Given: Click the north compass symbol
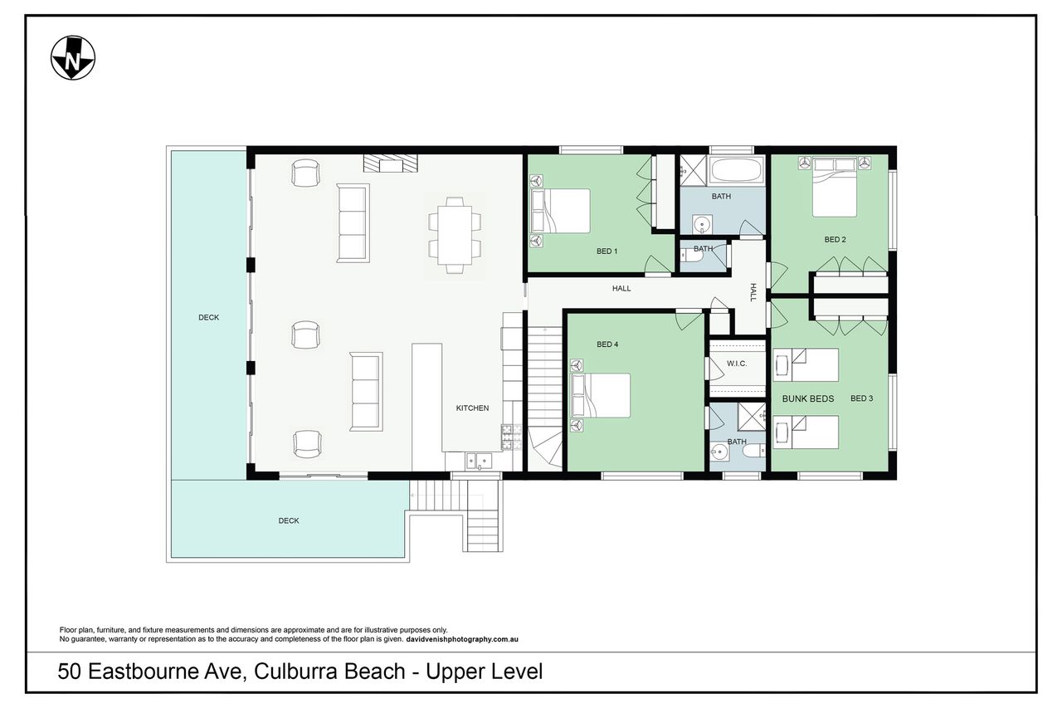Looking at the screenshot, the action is pos(73,58).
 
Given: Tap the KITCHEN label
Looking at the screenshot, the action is pos(472,408).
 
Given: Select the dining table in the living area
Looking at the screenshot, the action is pos(455,235).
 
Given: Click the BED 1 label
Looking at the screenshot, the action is pos(607,251).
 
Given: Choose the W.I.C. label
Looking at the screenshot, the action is pos(737,364).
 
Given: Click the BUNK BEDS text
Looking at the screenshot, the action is pos(808,398).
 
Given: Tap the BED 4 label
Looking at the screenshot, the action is pos(607,344).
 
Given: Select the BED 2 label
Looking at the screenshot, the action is pos(835,240).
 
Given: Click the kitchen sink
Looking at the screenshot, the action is pos(479,461).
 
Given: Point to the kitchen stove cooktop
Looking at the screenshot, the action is pos(512,437).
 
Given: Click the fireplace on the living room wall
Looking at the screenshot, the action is pos(391,164).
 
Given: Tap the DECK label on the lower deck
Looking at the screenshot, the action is pos(289,520).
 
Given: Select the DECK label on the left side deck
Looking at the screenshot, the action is pos(208,317).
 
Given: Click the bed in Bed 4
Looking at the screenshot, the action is pos(601,395).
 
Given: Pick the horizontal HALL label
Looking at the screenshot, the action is pos(621,288).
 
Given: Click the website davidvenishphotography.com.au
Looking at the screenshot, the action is pos(462,639).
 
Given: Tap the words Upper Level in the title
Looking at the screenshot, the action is pos(484,671).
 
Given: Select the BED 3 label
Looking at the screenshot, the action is pos(861,398).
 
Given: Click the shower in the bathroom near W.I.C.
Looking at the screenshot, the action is pos(752,417).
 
